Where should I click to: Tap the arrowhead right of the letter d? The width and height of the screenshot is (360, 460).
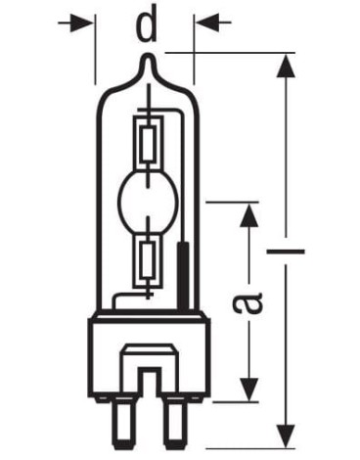click(207, 22)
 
